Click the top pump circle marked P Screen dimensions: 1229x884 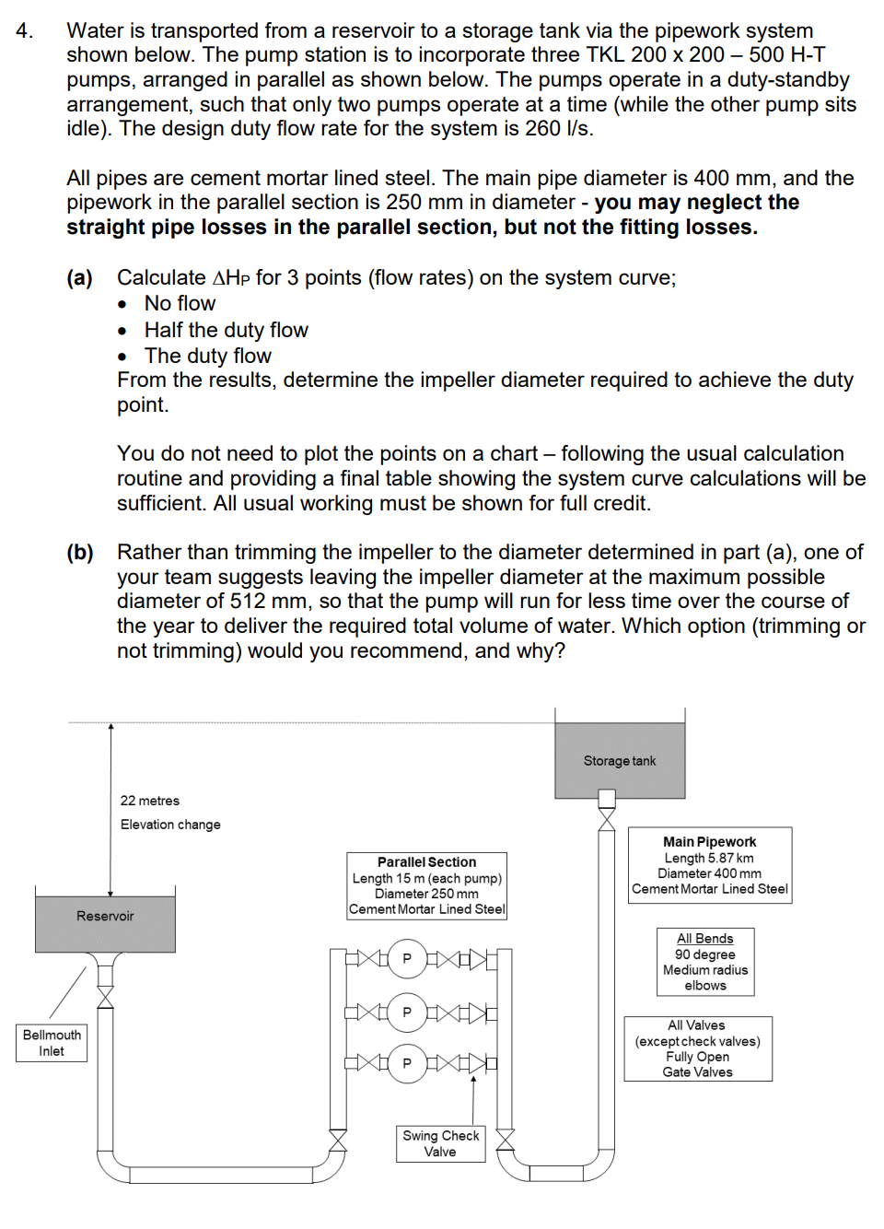[407, 958]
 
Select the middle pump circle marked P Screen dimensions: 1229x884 [407, 1012]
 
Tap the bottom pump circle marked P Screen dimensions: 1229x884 [407, 1063]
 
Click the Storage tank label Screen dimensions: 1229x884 [619, 761]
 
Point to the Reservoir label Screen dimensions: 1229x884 [105, 916]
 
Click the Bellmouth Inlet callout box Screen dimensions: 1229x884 [52, 1043]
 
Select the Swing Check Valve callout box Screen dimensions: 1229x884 [440, 1143]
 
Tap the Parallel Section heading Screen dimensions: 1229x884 [426, 862]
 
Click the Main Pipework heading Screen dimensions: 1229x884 [709, 841]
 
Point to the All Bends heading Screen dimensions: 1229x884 [704, 939]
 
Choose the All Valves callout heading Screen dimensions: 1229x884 [696, 1025]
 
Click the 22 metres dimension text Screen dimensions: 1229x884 [150, 801]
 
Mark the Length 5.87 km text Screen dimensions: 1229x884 [709, 858]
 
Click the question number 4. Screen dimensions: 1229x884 [25, 31]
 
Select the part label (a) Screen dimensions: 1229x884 [79, 278]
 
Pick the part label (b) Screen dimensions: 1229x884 [79, 553]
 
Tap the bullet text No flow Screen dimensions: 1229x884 [180, 304]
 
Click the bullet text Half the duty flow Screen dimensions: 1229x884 [226, 330]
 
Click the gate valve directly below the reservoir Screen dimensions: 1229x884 [106, 997]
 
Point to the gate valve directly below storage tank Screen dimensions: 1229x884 [607, 819]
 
